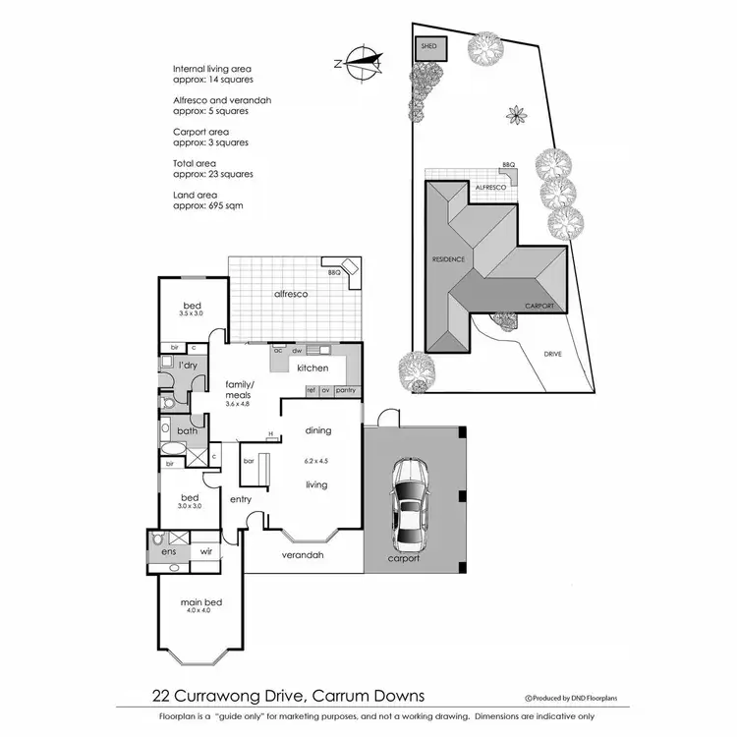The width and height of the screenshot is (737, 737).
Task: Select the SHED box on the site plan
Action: [x=428, y=46]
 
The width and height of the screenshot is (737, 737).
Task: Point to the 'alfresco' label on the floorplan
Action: [x=291, y=294]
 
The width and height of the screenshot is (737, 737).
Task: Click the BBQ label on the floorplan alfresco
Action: [x=334, y=272]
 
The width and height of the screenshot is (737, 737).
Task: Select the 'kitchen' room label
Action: [x=312, y=368]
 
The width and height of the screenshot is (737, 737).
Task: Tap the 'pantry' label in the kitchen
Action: [x=345, y=390]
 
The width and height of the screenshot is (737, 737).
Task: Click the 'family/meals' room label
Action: [x=239, y=389]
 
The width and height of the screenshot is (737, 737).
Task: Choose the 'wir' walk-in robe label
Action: [x=207, y=551]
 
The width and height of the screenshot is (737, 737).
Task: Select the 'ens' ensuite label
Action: [x=168, y=552]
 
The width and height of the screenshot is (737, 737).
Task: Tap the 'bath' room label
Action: [x=187, y=431]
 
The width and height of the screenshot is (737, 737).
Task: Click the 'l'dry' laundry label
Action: [x=188, y=366]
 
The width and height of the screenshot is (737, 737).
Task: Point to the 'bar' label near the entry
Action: [x=249, y=460]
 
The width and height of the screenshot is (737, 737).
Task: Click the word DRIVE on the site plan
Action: [x=551, y=354]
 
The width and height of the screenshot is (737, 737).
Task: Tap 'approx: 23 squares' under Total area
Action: [x=212, y=174]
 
